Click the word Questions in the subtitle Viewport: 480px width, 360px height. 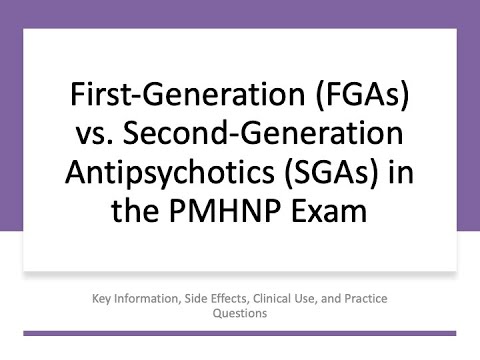pyautogui.click(x=240, y=312)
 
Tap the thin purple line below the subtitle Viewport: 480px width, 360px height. pyautogui.click(x=240, y=331)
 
